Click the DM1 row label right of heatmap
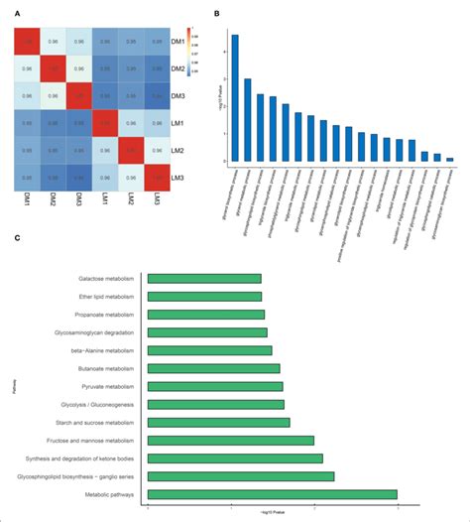[190, 45]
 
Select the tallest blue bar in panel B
[235, 97]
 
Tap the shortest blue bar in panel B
[450, 159]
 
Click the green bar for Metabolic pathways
[272, 493]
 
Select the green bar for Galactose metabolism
[204, 279]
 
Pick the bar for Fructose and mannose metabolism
[230, 440]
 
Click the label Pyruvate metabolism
[110, 386]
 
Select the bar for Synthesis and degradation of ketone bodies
[235, 457]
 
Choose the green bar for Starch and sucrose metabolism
[218, 422]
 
